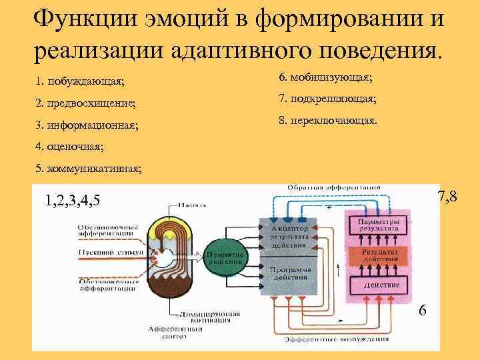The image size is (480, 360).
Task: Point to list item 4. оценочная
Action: coord(70,146)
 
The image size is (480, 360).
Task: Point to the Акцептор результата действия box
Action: coord(289,236)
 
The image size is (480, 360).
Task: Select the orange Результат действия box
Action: coord(379,256)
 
